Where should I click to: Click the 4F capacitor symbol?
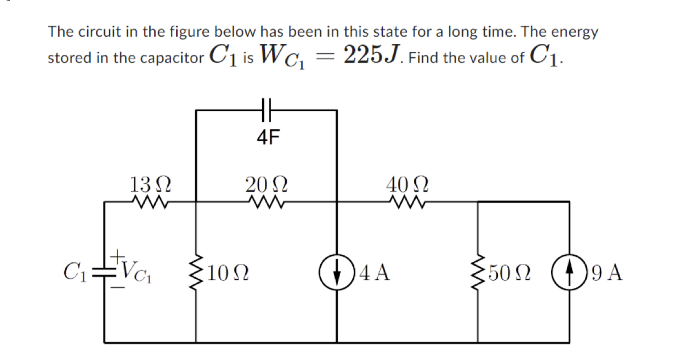266,110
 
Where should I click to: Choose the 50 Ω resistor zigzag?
478,272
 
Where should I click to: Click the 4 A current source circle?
336,272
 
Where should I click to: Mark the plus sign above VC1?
117,256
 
